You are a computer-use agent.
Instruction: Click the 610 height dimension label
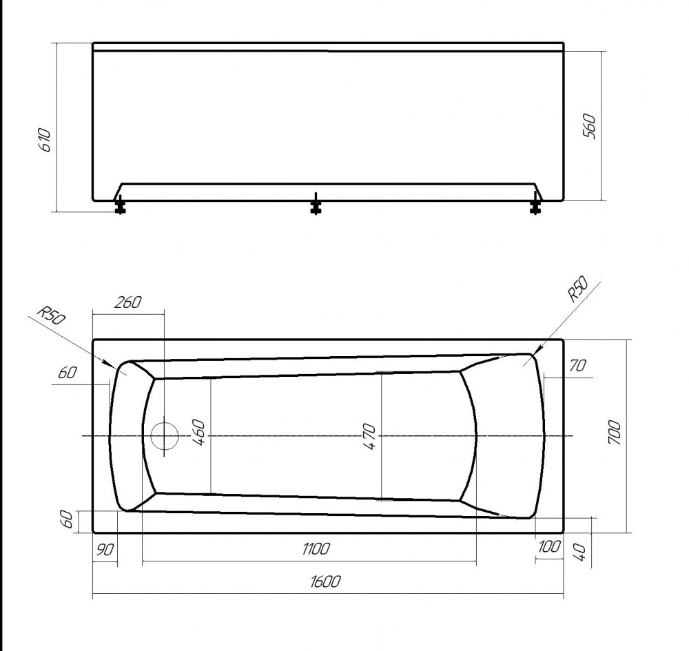point(45,140)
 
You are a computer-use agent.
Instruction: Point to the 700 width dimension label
point(615,434)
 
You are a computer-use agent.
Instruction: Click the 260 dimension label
point(128,302)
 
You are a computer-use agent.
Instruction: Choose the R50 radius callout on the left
point(50,316)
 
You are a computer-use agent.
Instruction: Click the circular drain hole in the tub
point(164,437)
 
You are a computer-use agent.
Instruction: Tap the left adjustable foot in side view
point(120,205)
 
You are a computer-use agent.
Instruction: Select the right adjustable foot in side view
point(535,205)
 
